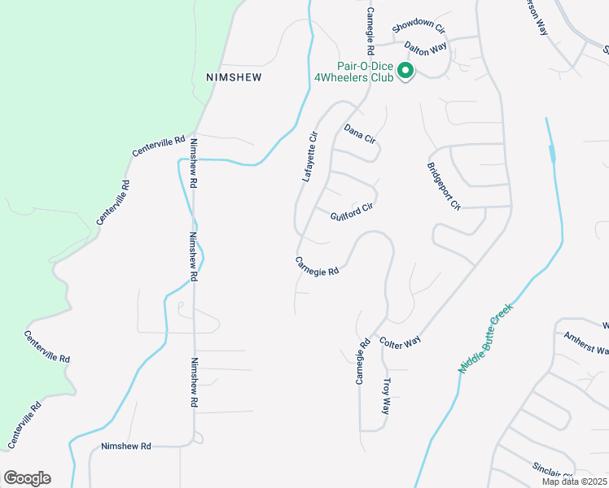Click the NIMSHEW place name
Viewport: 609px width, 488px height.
pos(233,76)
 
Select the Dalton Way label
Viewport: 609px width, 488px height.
pos(426,49)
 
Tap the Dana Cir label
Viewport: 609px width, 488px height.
pos(359,134)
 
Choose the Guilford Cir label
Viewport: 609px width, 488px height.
pos(352,213)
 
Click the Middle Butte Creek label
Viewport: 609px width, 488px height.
pos(486,338)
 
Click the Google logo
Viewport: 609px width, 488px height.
pos(27,477)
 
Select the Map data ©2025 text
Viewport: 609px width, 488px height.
pos(575,481)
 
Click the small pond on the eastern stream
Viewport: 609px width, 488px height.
pos(553,152)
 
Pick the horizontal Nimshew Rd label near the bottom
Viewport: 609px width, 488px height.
pos(126,446)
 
